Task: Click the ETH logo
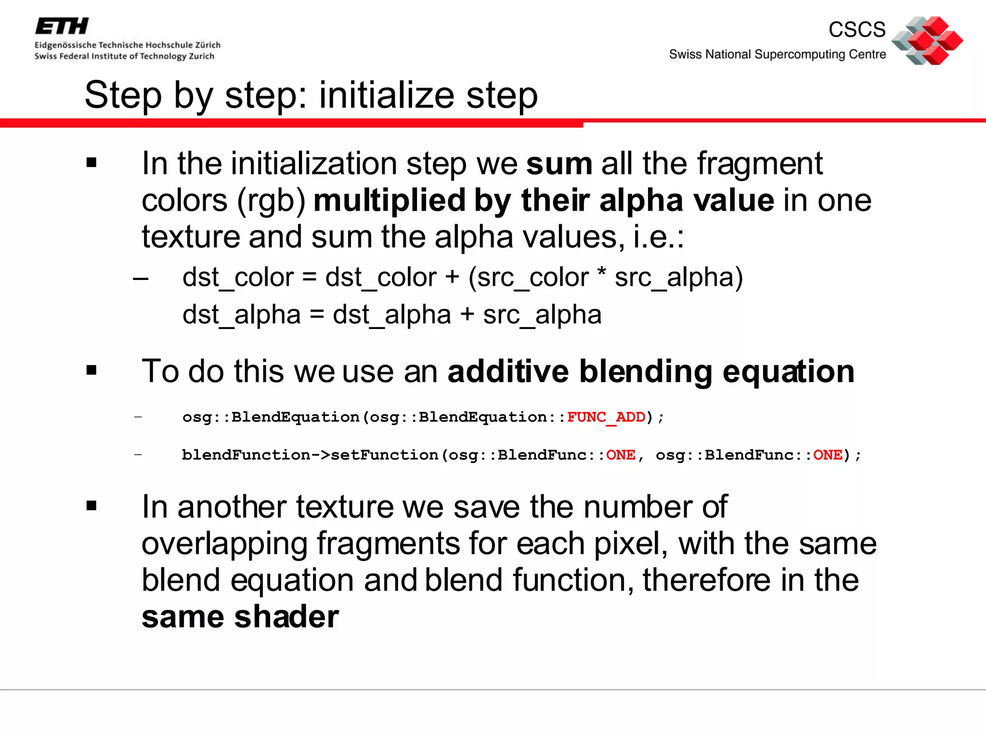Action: (x=62, y=26)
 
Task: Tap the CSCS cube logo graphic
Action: (x=927, y=40)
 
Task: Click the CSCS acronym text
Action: (x=857, y=30)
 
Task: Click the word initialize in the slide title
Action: (x=387, y=95)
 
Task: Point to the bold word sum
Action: (x=559, y=164)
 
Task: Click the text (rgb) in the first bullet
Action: (x=271, y=200)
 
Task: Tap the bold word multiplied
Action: (x=389, y=200)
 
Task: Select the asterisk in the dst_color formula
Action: (x=601, y=273)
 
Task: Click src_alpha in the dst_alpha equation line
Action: (x=542, y=315)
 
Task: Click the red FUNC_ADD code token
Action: (x=606, y=417)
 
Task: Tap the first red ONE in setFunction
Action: (x=621, y=455)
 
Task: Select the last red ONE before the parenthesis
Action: (x=828, y=455)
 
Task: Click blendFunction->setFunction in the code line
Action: (x=310, y=455)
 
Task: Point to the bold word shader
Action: (x=286, y=617)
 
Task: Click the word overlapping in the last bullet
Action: (x=224, y=544)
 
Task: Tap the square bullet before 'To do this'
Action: (x=91, y=370)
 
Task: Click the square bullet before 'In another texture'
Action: (x=91, y=506)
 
